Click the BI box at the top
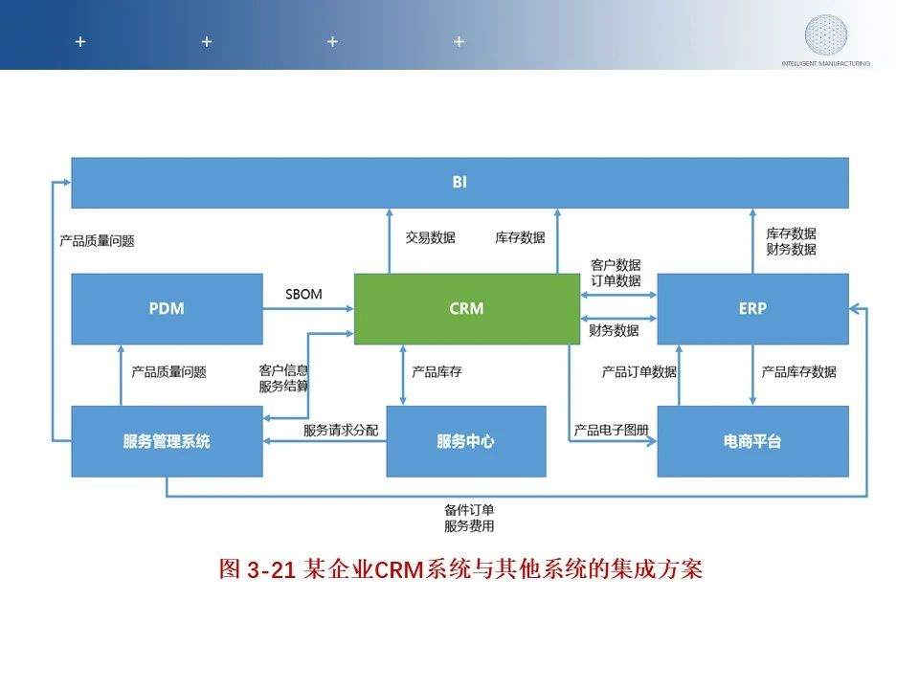coord(459,182)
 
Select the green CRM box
coord(466,308)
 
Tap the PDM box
coord(167,308)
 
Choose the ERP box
coord(752,308)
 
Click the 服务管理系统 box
coord(167,441)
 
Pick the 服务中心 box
coord(465,441)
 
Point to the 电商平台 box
coord(752,441)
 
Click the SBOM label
coord(304,294)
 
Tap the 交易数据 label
coord(430,237)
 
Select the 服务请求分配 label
coord(341,431)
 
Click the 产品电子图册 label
coord(612,431)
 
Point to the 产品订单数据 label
coord(639,371)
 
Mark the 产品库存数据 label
coord(798,371)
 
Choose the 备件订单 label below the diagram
coord(469,510)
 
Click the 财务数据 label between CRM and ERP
coord(615,331)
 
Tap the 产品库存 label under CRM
coord(437,371)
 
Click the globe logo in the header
coord(825,33)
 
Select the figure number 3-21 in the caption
coord(269,570)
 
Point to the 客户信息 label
coord(283,369)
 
